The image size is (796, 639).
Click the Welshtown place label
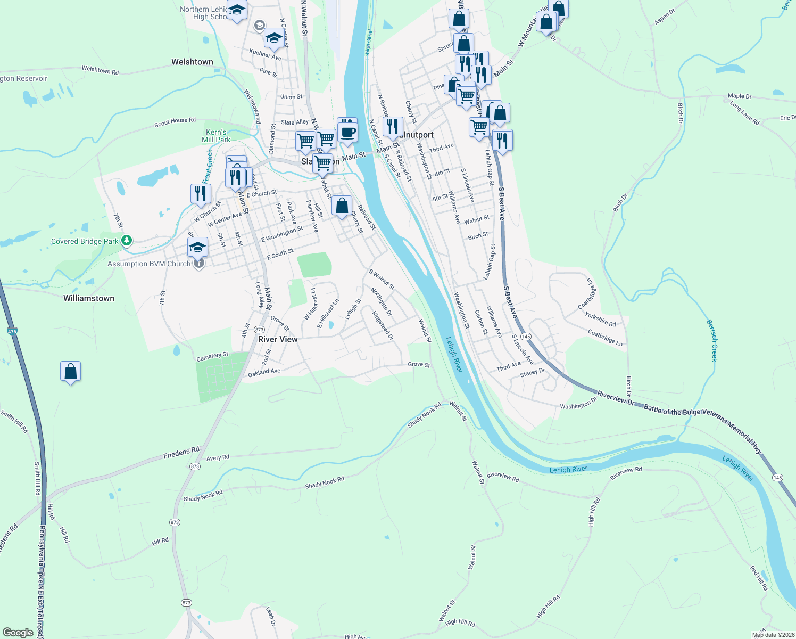[192, 62]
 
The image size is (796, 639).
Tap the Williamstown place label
[89, 298]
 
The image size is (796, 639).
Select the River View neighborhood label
[278, 339]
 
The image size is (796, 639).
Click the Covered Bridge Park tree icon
[126, 241]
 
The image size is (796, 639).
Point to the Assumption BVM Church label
[149, 264]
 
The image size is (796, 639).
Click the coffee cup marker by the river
[347, 131]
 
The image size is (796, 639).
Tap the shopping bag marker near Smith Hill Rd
[70, 372]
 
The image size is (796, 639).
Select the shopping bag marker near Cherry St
[342, 206]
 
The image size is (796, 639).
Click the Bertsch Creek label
[712, 340]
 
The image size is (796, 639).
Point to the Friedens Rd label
[181, 453]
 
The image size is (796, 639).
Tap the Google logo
[18, 632]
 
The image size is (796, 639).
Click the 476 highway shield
[12, 331]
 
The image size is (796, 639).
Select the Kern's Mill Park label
[216, 136]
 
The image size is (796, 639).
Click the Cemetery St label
[212, 356]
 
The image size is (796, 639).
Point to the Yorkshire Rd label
[600, 319]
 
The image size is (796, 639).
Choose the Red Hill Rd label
[759, 578]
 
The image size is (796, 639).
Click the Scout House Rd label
[175, 122]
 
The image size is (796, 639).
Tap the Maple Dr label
[740, 96]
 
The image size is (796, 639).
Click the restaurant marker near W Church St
[201, 193]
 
